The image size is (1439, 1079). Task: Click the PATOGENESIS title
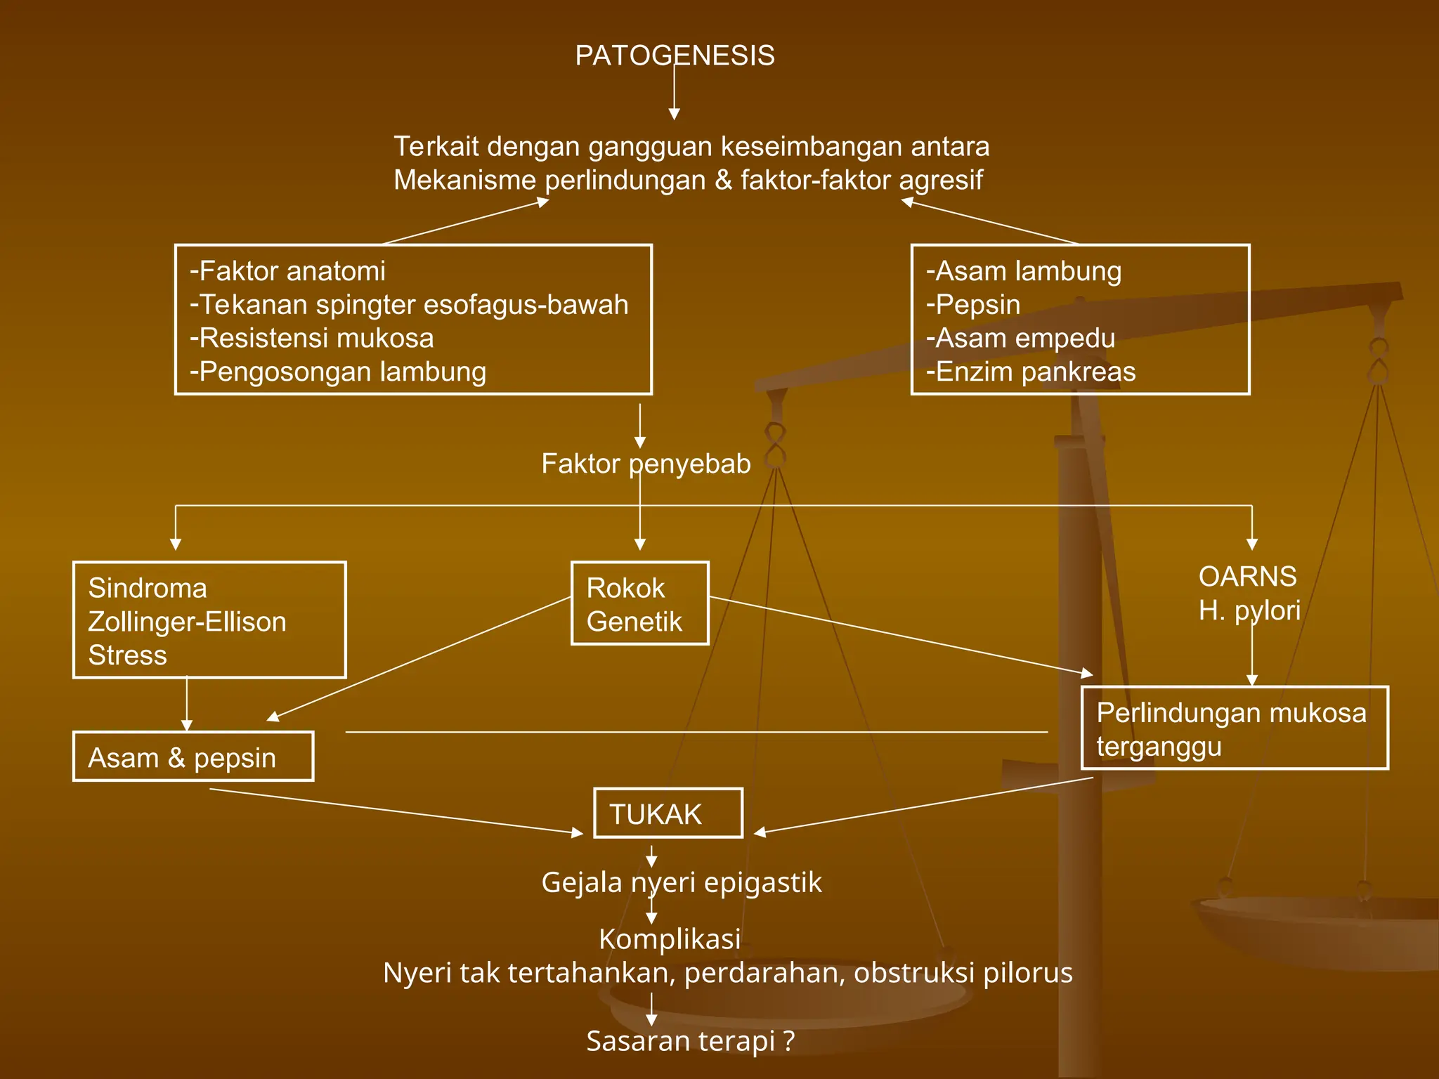coord(675,55)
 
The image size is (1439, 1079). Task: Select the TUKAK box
coord(668,813)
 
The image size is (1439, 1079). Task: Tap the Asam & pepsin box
coord(193,757)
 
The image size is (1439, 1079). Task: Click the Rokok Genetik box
coord(639,603)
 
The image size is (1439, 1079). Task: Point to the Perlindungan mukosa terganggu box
coord(1235,728)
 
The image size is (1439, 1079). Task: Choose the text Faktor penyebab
coord(646,464)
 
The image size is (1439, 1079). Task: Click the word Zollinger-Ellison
coord(187,622)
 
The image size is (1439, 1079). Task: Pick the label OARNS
coord(1247,577)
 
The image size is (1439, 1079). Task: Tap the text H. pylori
coord(1249,610)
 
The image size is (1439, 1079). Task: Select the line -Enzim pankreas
coord(1031,372)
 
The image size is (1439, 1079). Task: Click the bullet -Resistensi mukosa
coord(312,338)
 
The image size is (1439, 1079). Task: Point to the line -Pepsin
coord(973,304)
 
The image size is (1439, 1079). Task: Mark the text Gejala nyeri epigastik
coord(681,882)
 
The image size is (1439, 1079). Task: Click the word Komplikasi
coord(670,939)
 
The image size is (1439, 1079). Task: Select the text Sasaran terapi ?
coord(690,1041)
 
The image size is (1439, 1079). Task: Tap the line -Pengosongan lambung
coord(338,372)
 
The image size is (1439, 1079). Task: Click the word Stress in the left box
coord(127,655)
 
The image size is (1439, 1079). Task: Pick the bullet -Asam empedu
coord(1021,338)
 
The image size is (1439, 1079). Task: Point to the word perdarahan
coord(764,973)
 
